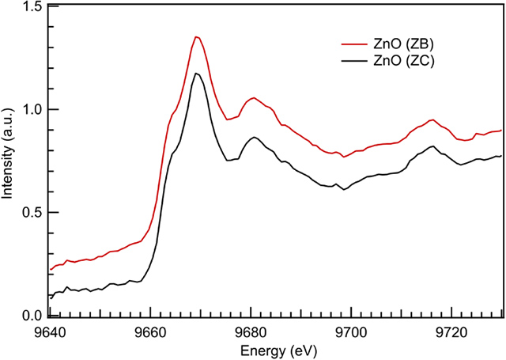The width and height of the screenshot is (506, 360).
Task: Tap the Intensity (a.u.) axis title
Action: click(x=10, y=161)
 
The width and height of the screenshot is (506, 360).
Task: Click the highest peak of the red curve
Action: click(x=196, y=36)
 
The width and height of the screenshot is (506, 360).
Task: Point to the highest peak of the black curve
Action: click(x=196, y=74)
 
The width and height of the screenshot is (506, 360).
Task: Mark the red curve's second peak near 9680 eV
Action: click(x=254, y=98)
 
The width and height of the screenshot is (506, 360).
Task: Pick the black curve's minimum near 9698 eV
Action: click(x=343, y=190)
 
